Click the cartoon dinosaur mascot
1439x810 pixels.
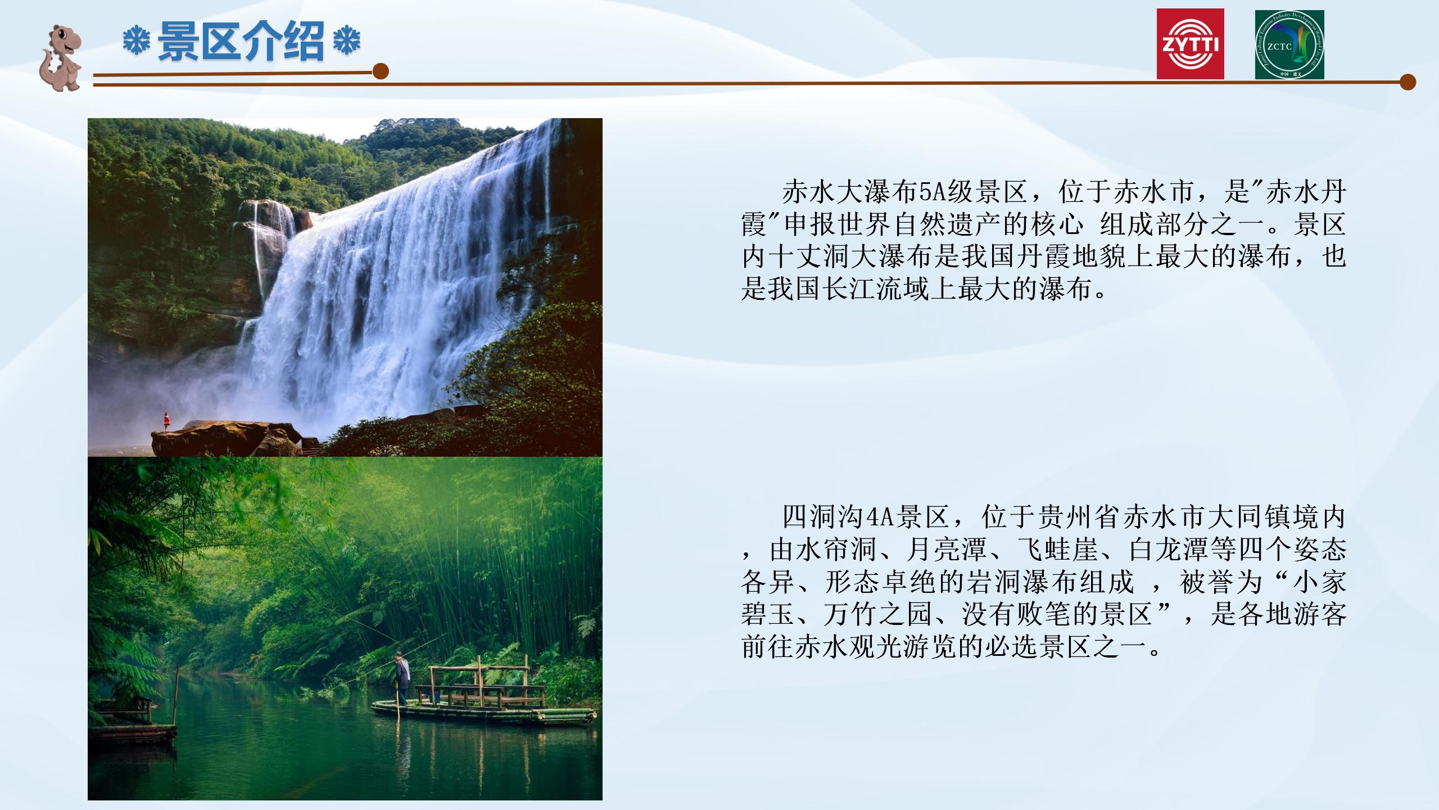tap(61, 58)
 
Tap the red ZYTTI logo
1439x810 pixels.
tap(1190, 44)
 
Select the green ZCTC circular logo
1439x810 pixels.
tap(1289, 44)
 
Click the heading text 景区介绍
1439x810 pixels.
tap(241, 40)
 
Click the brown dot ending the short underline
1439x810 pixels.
tap(381, 71)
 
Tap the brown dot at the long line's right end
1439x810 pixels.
tap(1408, 82)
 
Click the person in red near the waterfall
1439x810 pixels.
tap(166, 421)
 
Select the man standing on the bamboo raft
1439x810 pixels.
tap(402, 677)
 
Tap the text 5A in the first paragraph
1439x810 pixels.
tap(933, 192)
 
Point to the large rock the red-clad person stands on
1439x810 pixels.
tap(228, 439)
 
